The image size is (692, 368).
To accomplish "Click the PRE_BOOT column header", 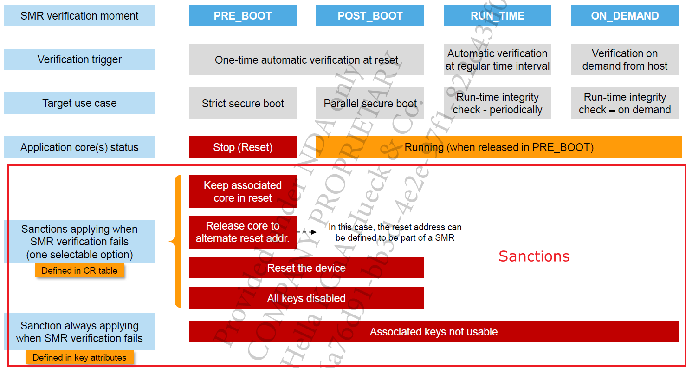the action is [x=243, y=16].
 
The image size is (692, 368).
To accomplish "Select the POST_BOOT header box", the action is [x=370, y=16].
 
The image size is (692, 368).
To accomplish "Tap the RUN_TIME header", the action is [x=497, y=16].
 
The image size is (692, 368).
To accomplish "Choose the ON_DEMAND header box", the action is [x=625, y=16].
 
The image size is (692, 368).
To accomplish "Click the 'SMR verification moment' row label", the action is [x=79, y=16].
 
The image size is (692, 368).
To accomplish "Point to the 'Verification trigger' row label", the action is [x=79, y=59].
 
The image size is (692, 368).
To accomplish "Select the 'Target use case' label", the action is [x=79, y=103].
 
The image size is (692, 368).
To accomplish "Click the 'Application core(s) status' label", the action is [x=79, y=147].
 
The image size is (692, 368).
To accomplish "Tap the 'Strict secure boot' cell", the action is [x=243, y=103].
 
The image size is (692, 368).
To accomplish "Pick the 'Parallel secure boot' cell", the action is [x=370, y=103].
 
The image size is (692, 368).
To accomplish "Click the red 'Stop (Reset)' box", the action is [x=243, y=147].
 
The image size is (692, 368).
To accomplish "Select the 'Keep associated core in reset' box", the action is [x=243, y=191].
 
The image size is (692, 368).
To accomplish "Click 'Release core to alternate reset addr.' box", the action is [x=243, y=232].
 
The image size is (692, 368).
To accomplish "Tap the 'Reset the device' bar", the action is [x=306, y=268].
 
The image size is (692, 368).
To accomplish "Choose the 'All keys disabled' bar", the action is [x=306, y=298].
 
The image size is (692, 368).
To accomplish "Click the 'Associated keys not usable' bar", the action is [x=433, y=332].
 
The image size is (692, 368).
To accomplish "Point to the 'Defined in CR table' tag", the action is [x=79, y=270].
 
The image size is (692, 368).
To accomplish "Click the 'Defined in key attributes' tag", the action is [x=79, y=357].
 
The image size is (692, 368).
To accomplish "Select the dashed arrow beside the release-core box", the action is [x=307, y=231].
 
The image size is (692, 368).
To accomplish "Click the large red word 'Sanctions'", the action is [x=534, y=256].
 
